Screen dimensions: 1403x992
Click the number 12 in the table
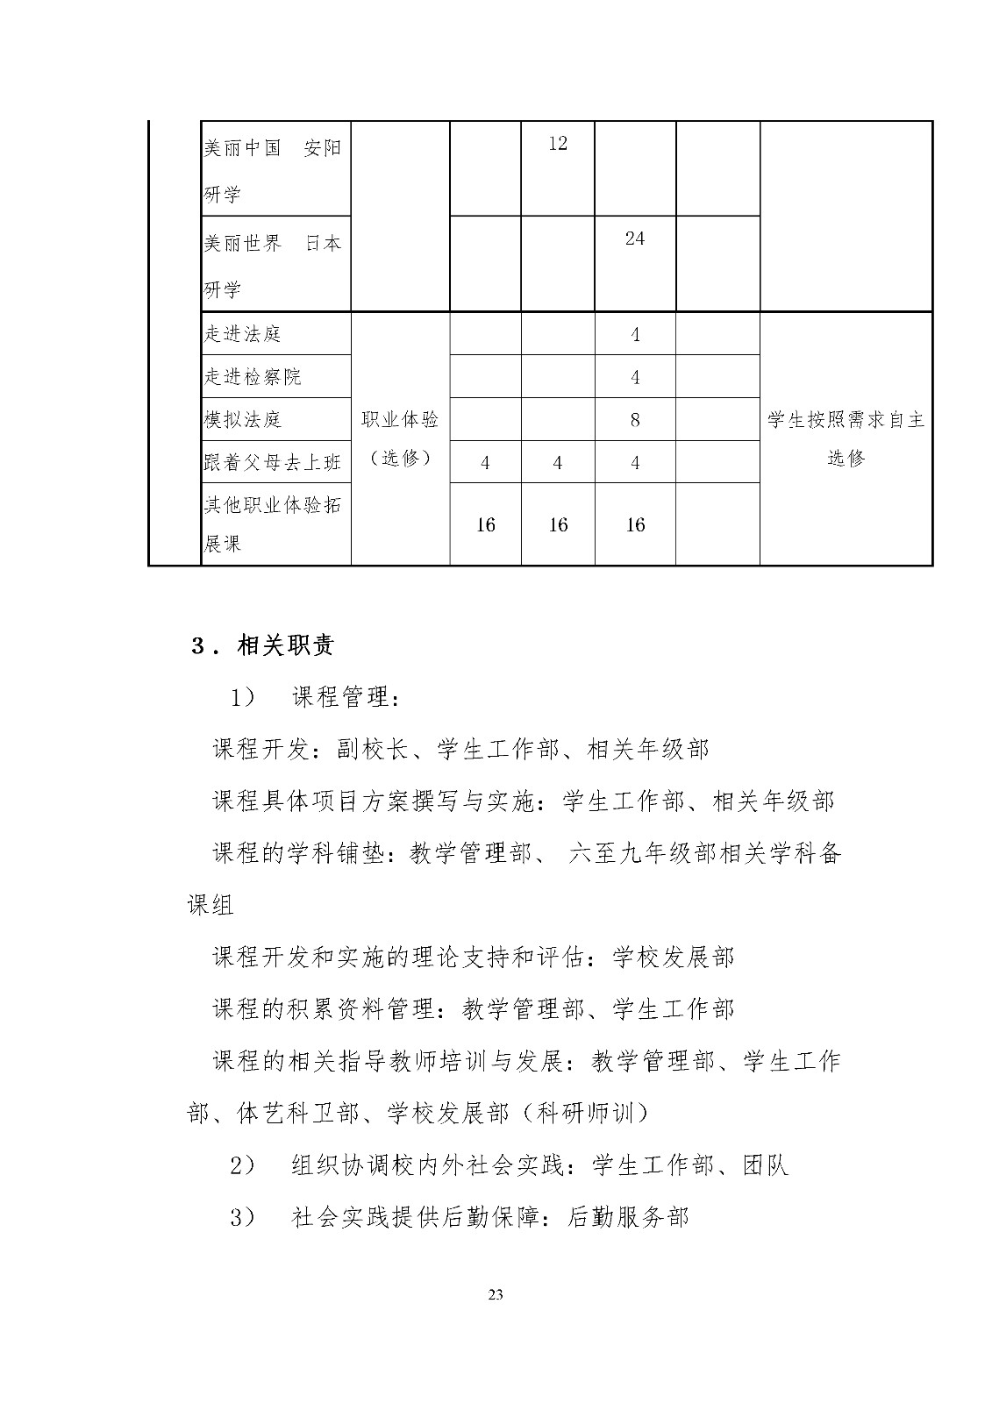[x=558, y=144]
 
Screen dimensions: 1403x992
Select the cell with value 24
[x=635, y=239]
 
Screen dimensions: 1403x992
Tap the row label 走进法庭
[x=242, y=334]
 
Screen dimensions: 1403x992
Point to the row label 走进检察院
[x=252, y=377]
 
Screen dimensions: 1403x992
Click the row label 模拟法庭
[x=242, y=420]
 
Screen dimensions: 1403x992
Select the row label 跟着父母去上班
[x=272, y=463]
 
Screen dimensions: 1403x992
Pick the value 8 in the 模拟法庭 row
[x=635, y=420]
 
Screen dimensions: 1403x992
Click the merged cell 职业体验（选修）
[x=400, y=438]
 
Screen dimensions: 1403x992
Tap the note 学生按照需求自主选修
[x=846, y=438]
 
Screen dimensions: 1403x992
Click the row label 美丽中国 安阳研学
[x=272, y=169]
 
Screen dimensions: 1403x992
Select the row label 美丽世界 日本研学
[x=272, y=265]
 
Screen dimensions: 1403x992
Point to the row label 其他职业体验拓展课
[x=272, y=524]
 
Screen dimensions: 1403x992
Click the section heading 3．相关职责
[x=263, y=647]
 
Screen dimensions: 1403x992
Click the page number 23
[x=496, y=1295]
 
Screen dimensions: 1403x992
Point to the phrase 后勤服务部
[x=628, y=1217]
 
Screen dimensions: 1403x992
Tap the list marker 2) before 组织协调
[x=242, y=1165]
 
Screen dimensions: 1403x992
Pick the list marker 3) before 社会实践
[x=242, y=1217]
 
